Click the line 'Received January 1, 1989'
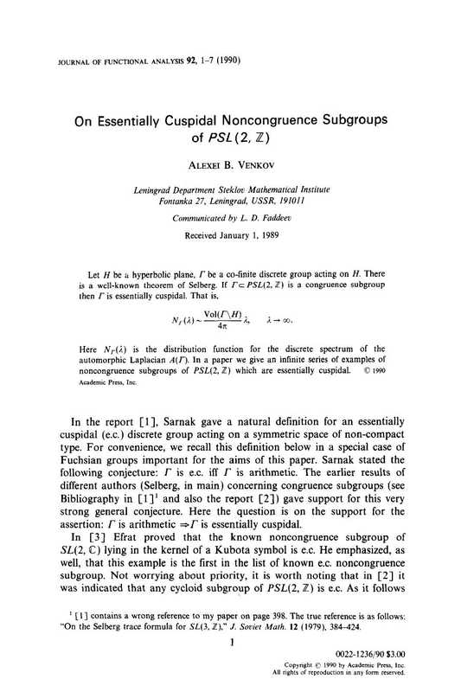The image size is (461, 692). click(230, 234)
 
